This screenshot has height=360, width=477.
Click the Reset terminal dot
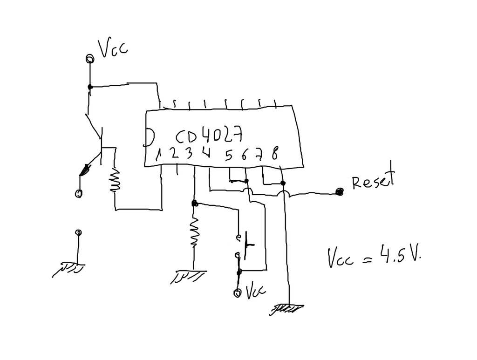click(340, 191)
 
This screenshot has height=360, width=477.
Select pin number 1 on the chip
click(159, 153)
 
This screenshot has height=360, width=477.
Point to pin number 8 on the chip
click(275, 154)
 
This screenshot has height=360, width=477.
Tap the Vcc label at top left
click(112, 48)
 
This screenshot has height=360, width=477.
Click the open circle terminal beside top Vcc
click(89, 58)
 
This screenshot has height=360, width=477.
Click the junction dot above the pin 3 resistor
click(194, 204)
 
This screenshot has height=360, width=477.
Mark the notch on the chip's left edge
click(149, 136)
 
